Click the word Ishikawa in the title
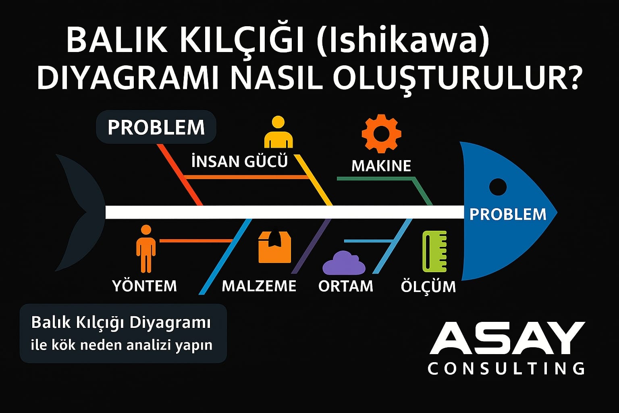tap(403, 41)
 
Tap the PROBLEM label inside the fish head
tap(508, 214)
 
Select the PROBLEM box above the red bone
tap(156, 127)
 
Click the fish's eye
tap(498, 187)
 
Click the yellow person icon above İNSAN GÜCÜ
tap(278, 133)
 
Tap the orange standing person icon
tap(145, 248)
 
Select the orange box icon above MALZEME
tap(274, 247)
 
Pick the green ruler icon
tap(434, 251)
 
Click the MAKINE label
tap(381, 166)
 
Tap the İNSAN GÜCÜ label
tap(239, 161)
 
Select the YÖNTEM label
tap(145, 286)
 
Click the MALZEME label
tap(259, 286)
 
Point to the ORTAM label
tap(346, 286)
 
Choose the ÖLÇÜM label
tap(428, 286)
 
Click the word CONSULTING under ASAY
tap(506, 368)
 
